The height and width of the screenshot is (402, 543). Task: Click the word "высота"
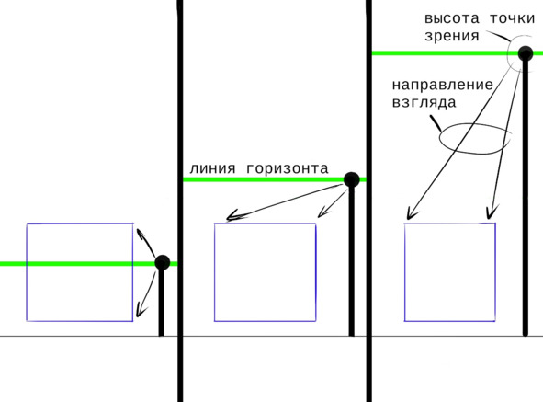point(452,18)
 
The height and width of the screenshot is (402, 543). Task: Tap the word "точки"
point(512,18)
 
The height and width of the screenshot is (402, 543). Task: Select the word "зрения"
point(452,37)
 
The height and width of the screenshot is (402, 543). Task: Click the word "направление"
point(443,85)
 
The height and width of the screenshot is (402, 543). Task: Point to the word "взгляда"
point(424,103)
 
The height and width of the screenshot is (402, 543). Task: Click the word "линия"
point(212,169)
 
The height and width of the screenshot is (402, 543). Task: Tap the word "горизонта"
point(288,169)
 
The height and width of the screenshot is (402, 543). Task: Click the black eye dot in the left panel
point(162,262)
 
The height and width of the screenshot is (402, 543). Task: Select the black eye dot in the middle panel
point(352,179)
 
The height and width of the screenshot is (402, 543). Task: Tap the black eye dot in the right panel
point(526,53)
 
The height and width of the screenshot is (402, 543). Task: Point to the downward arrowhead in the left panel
point(141,311)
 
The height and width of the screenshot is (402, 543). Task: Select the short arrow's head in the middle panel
point(322,212)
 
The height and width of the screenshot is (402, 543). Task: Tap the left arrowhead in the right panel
point(411,213)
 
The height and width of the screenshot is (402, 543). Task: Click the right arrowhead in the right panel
point(492,212)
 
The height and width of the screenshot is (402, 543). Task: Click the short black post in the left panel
point(161,303)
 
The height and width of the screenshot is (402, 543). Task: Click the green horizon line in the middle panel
point(274,179)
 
